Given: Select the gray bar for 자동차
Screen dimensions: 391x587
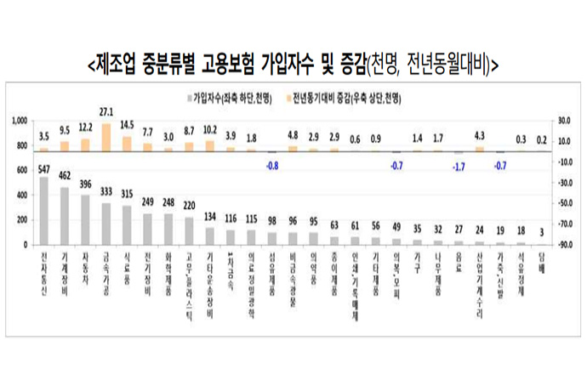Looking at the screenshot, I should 85,220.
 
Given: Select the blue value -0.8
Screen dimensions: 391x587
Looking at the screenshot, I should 272,165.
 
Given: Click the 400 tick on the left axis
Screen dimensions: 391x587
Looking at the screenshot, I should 23,195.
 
